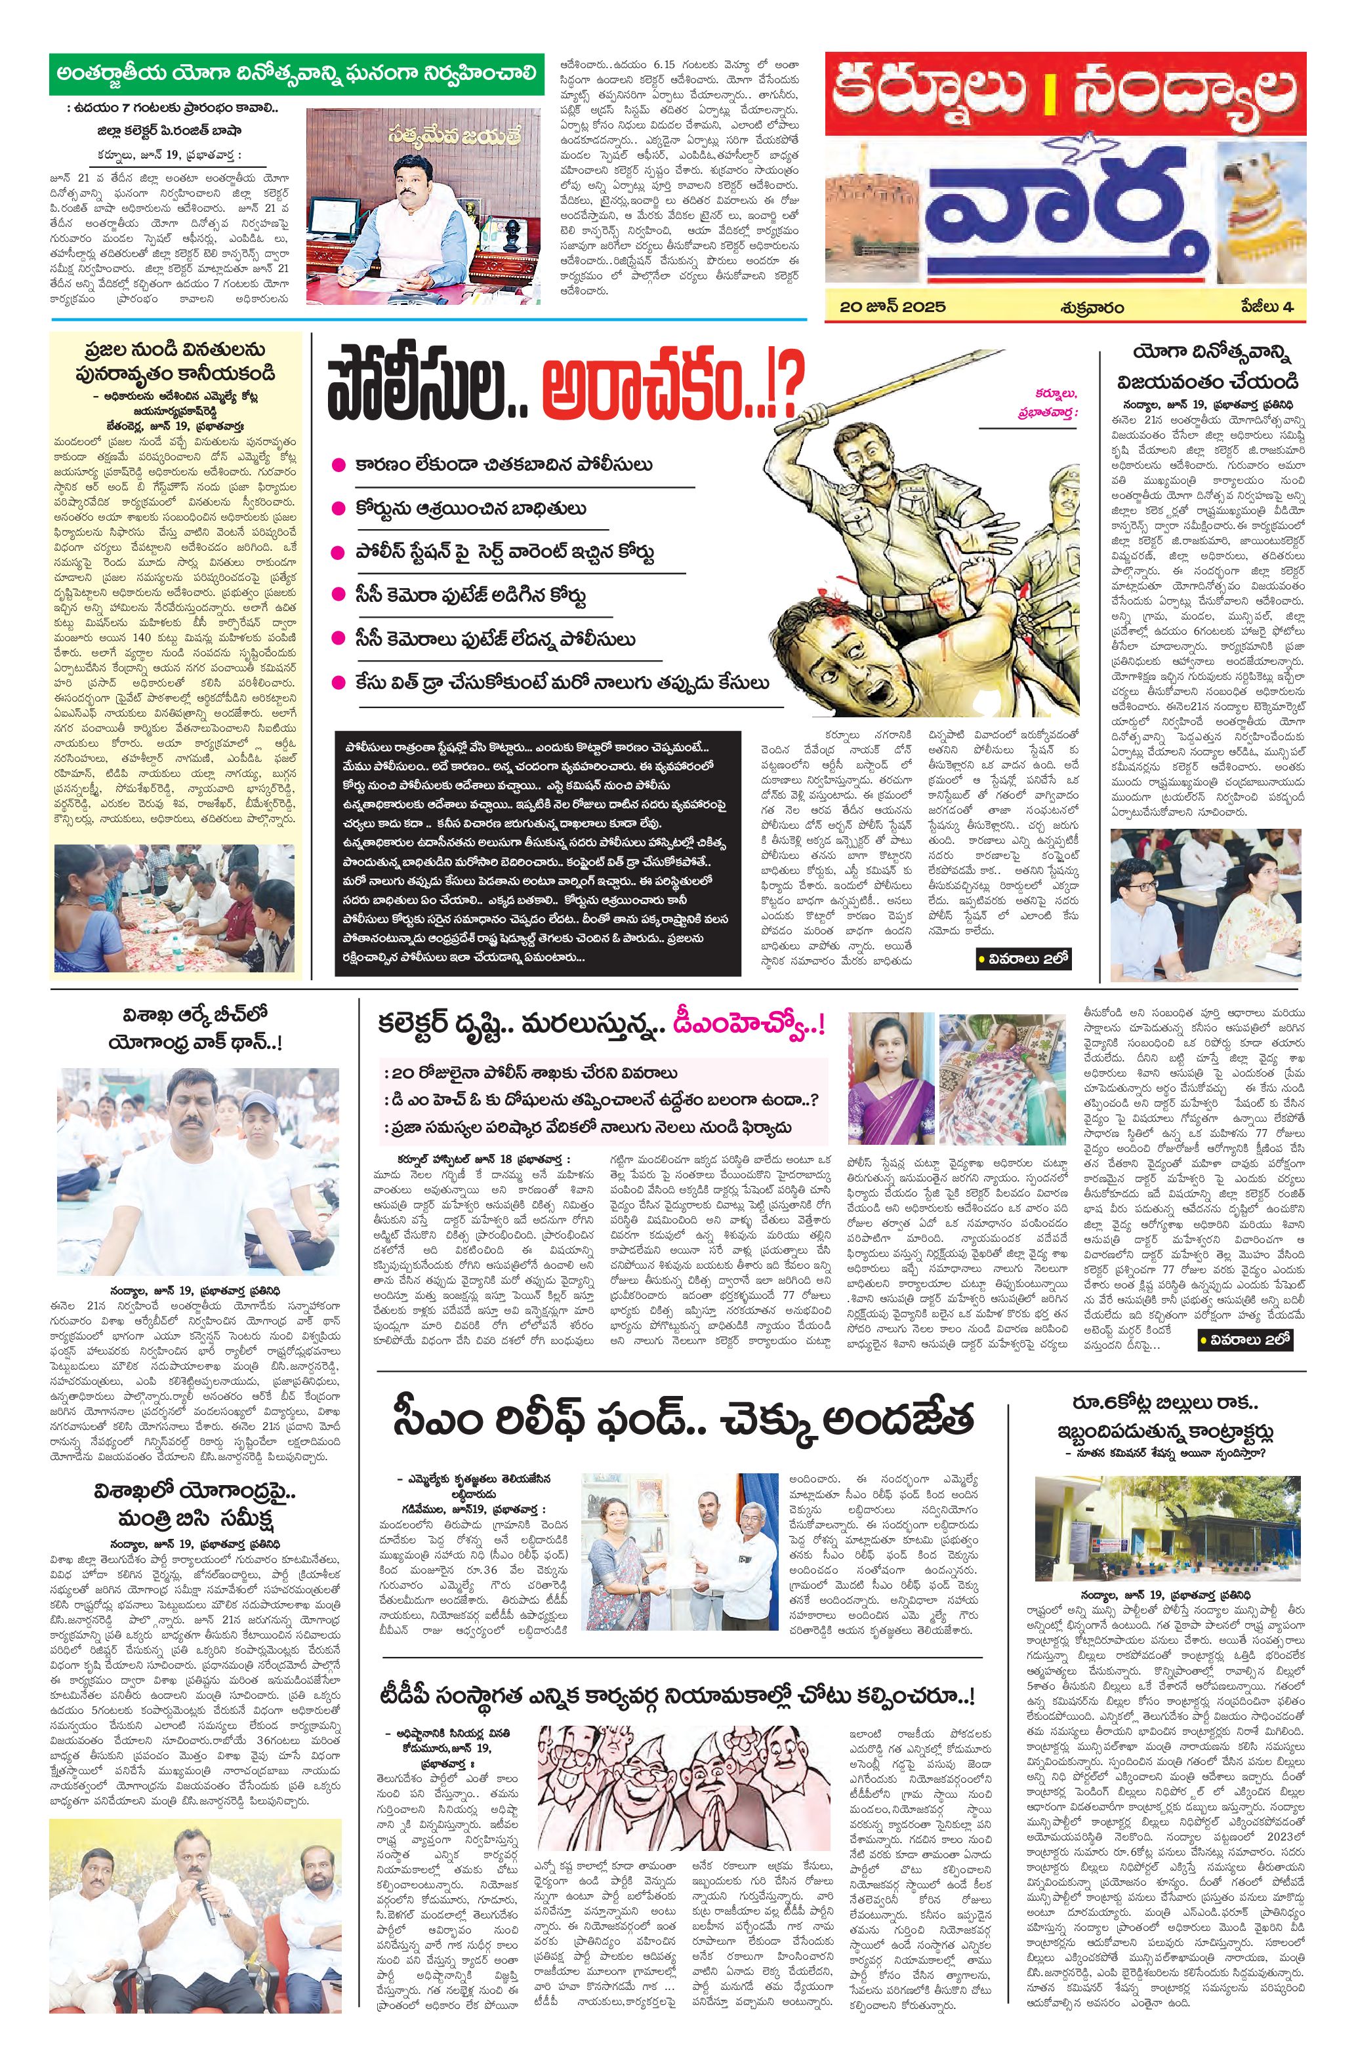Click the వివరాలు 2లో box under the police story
click(1023, 959)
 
